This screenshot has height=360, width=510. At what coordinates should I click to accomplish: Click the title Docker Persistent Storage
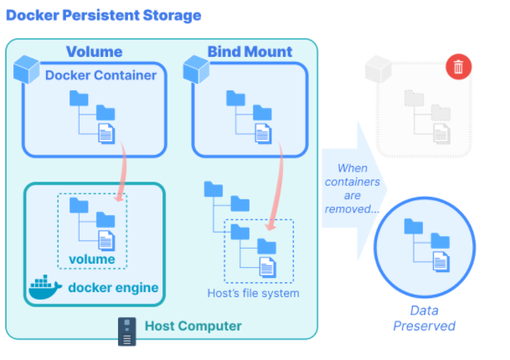(104, 15)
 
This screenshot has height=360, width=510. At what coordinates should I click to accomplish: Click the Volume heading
(94, 52)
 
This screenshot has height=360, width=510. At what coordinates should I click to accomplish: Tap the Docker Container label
(100, 75)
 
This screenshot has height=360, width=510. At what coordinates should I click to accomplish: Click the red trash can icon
(457, 66)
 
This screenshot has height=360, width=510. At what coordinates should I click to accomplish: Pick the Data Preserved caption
(424, 318)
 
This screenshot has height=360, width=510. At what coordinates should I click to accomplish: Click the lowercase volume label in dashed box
(92, 259)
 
